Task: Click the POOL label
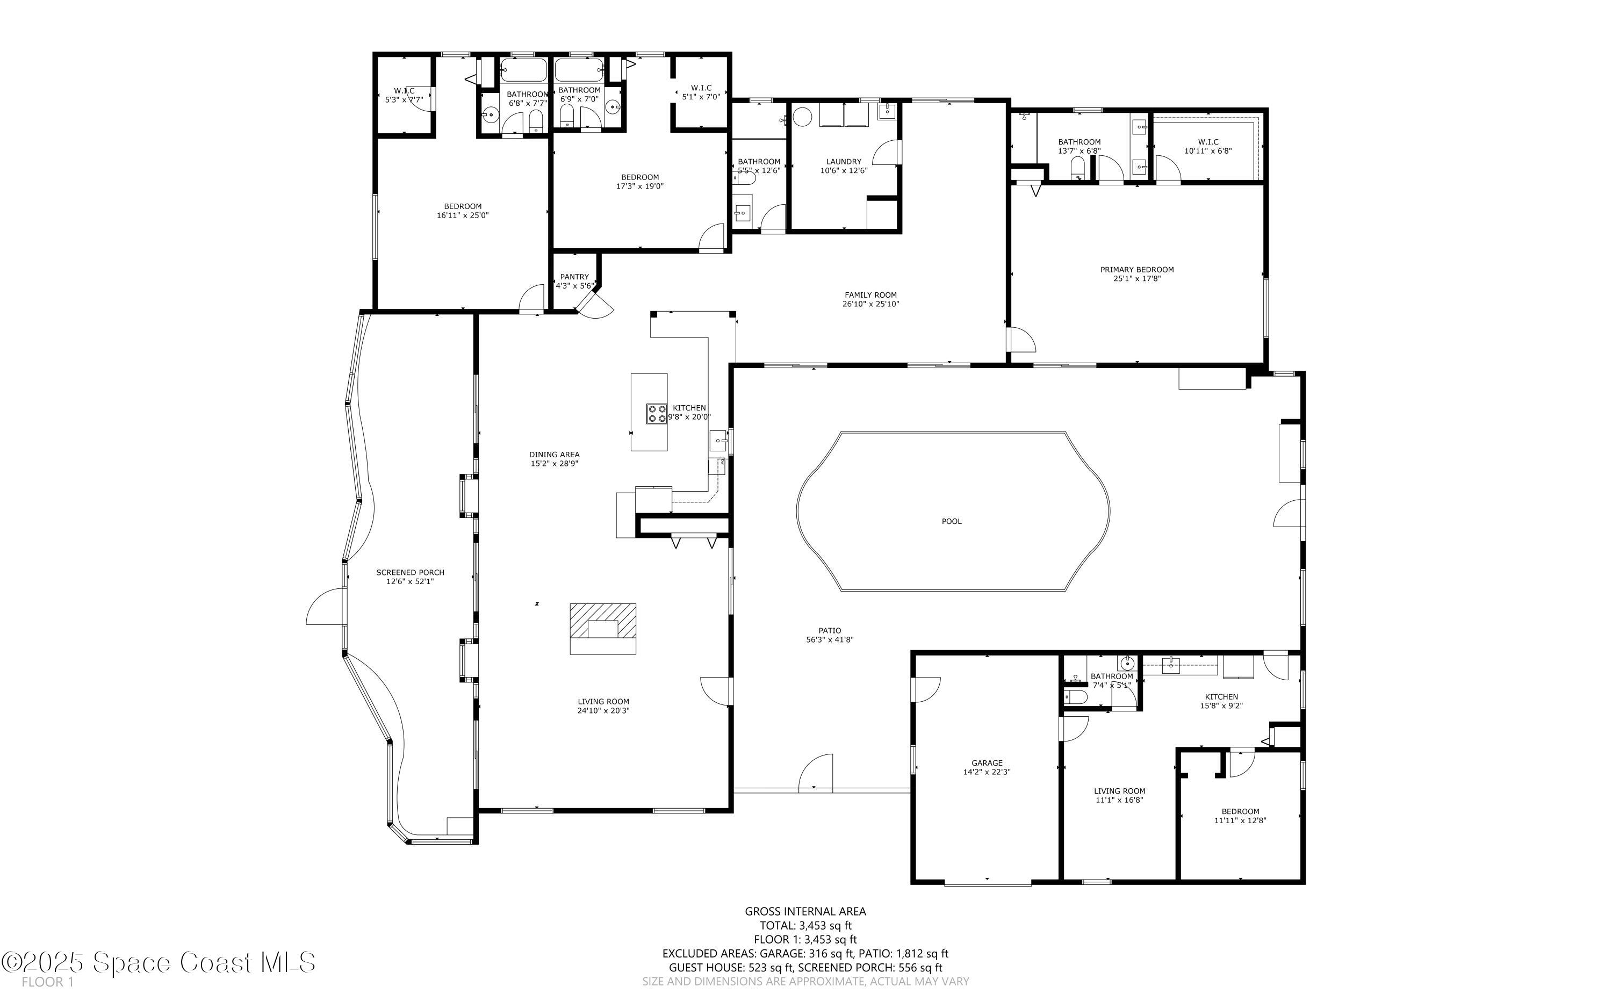951,521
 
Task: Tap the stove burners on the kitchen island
656,414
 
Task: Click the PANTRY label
574,277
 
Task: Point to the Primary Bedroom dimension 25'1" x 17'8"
1136,279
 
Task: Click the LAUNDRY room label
843,161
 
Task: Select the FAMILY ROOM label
870,294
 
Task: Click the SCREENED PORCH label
410,572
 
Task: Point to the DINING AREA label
554,455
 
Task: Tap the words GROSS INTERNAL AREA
805,911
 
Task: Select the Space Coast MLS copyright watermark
159,962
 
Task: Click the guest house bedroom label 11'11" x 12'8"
1240,820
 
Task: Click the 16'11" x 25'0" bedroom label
463,215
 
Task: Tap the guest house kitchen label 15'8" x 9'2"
1221,705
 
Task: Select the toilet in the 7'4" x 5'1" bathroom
1075,697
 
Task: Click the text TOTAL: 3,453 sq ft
805,925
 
